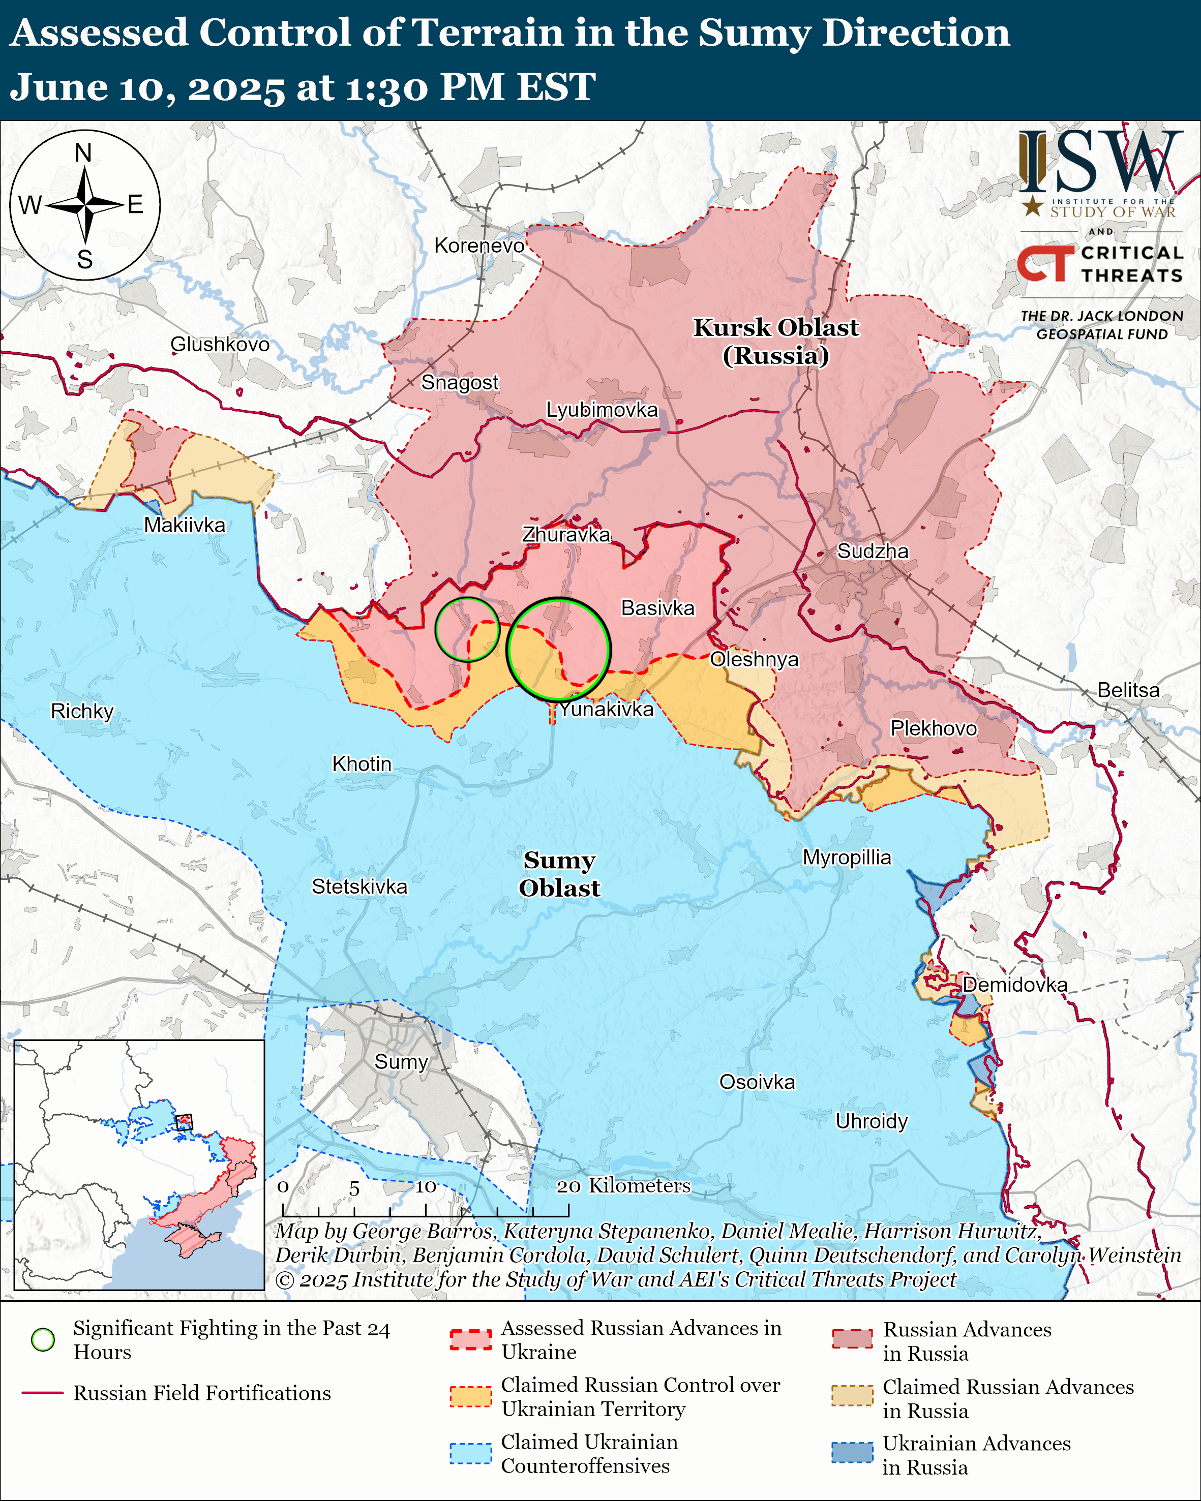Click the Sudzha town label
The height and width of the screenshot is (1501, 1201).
(873, 552)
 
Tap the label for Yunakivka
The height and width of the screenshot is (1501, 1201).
(607, 710)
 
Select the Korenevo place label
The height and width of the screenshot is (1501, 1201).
(479, 246)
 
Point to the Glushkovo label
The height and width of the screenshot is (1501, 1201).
(220, 345)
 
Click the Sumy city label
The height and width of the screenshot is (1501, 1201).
(401, 1062)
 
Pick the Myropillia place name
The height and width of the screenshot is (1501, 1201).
(847, 857)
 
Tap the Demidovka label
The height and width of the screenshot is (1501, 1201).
(1014, 985)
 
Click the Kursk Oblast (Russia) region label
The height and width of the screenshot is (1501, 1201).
(775, 341)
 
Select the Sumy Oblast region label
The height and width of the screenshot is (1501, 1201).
(559, 874)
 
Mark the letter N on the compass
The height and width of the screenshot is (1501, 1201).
(83, 152)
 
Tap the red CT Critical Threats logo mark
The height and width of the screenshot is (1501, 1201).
(1044, 263)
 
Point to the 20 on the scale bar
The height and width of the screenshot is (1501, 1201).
(568, 1186)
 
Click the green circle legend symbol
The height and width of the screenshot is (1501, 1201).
(43, 1339)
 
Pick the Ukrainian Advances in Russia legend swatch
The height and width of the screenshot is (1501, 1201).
(852, 1452)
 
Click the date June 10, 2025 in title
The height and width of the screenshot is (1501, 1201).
(146, 88)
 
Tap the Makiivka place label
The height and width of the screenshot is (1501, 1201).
(185, 525)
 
